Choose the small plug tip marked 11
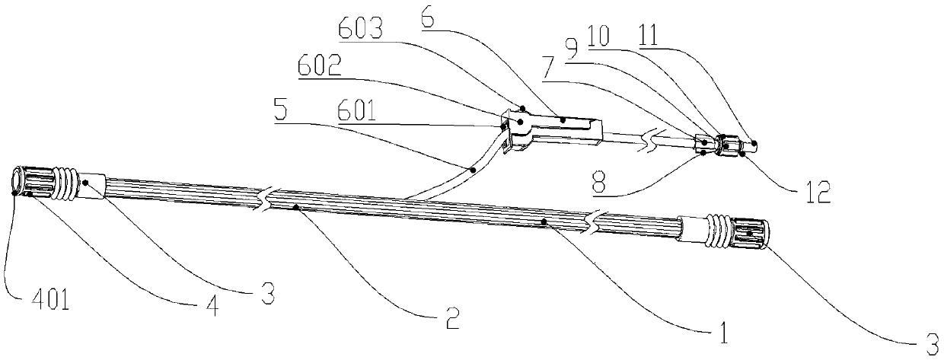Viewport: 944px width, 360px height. coord(750,143)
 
